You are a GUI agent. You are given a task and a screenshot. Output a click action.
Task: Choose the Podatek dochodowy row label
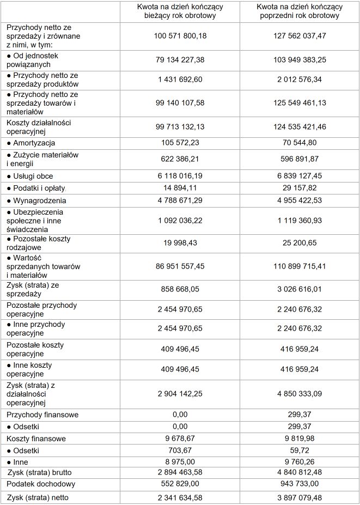40,484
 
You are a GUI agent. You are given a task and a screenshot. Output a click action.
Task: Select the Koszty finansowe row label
36,439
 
